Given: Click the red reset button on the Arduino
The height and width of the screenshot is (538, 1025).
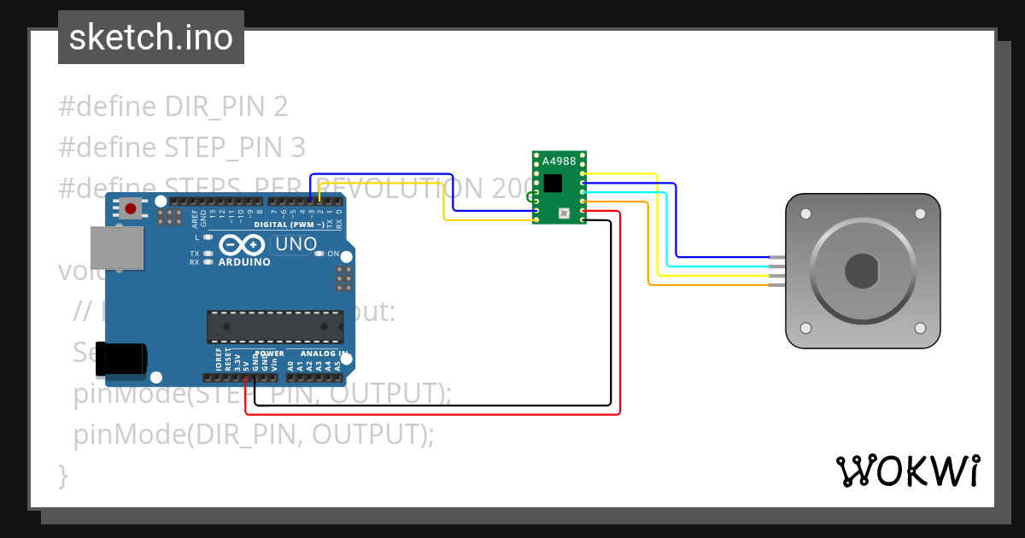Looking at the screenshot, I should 131,208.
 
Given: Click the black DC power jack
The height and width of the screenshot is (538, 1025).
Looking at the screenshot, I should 120,359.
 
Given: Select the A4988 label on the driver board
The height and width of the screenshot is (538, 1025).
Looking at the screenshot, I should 559,161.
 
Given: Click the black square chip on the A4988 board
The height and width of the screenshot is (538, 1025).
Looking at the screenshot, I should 553,183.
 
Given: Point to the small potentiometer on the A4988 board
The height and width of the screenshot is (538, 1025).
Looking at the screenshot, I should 563,212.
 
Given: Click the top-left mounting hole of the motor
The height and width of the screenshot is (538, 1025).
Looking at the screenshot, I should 805,213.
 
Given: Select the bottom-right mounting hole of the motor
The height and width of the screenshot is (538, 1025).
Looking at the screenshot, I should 920,328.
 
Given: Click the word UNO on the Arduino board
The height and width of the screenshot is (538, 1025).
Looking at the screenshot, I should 296,244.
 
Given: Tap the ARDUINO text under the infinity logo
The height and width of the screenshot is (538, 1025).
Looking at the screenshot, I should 244,262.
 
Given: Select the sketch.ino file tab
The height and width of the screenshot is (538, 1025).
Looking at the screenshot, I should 151,38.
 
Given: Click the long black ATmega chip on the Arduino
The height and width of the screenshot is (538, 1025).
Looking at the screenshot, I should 275,327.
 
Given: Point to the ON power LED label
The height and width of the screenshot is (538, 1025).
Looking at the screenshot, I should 334,254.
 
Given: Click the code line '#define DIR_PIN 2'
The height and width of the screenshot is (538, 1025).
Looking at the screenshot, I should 173,107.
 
